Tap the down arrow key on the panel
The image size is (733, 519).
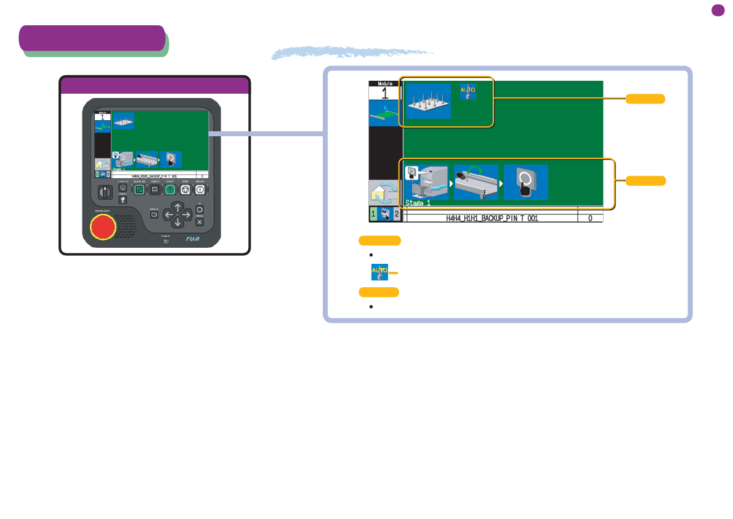(x=177, y=222)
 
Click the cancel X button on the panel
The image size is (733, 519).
(x=200, y=222)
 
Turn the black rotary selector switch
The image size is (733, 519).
(x=106, y=192)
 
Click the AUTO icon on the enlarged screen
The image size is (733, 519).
(x=468, y=91)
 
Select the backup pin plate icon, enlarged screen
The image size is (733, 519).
(x=428, y=100)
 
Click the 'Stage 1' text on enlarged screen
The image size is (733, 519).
(x=418, y=203)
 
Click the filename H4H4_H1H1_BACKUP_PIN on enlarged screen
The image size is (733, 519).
(x=492, y=218)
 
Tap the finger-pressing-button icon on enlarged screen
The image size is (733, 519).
(x=525, y=182)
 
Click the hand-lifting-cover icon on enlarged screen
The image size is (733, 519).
(x=476, y=182)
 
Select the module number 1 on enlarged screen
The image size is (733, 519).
(x=384, y=94)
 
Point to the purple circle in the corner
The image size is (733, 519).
(x=717, y=10)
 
